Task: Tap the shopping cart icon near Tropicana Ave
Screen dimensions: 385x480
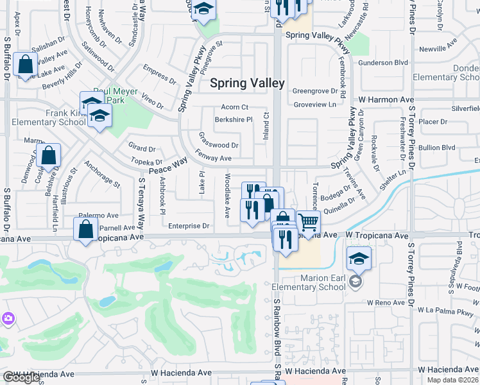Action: [x=308, y=223]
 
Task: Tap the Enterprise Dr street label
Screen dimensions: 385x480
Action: [x=189, y=226]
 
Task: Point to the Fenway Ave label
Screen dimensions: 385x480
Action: [x=214, y=158]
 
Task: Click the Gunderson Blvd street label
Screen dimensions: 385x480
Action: [x=384, y=63]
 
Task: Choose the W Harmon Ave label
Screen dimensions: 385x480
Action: [x=386, y=100]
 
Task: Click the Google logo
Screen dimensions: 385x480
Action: [x=21, y=378]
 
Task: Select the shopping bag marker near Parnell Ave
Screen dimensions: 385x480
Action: [x=86, y=230]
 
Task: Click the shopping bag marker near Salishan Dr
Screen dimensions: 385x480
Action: [x=26, y=64]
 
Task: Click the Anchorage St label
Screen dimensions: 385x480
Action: [x=102, y=174]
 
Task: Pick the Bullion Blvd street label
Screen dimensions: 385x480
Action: [x=438, y=148]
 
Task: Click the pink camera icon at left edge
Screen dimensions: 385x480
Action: [x=8, y=318]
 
